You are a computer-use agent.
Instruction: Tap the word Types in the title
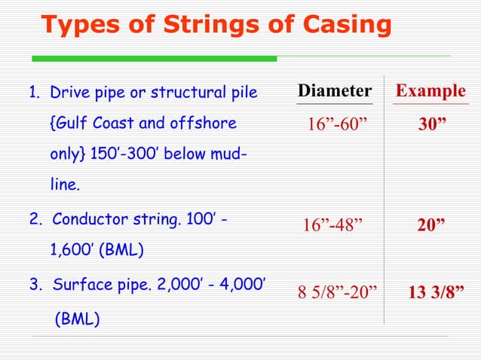[x=76, y=25]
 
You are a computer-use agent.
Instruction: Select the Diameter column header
[x=335, y=92]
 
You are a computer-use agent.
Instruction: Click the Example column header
[x=430, y=92]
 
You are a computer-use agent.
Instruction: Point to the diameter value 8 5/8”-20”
[x=338, y=292]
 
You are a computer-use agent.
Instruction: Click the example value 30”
[x=433, y=124]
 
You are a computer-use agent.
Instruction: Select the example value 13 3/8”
[x=436, y=292]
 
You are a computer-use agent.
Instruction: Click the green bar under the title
[x=155, y=58]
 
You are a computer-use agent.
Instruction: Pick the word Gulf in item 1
[x=67, y=123]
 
